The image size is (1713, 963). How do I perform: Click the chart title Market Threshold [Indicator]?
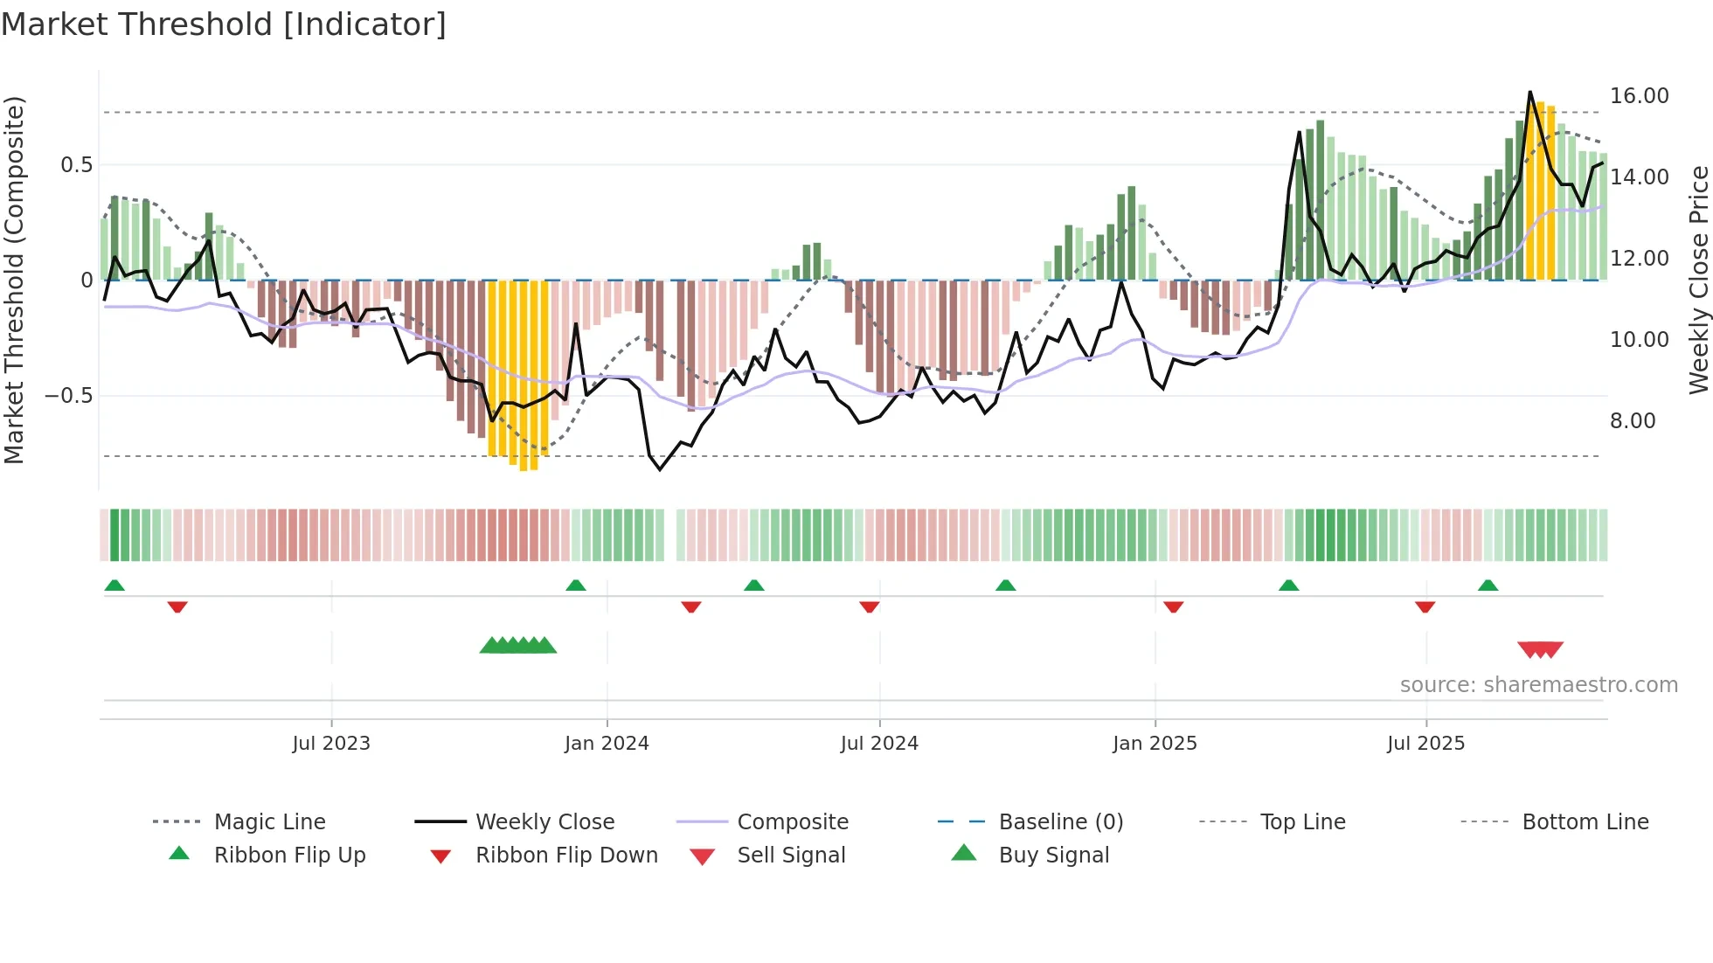pos(224,24)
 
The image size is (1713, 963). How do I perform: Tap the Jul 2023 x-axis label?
pos(331,744)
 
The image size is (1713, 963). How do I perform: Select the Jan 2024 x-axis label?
pos(607,744)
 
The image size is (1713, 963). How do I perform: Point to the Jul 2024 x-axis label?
pos(879,744)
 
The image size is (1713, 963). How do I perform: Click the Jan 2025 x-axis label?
pos(1155,744)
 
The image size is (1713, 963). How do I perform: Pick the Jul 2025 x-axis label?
pos(1425,744)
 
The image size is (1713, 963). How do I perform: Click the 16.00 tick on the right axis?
pos(1639,96)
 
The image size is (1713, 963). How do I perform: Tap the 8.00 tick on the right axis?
pos(1633,421)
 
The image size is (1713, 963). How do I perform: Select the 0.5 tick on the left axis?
pos(77,165)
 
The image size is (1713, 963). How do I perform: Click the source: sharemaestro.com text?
pos(1538,685)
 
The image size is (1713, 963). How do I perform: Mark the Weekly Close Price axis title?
pos(1698,280)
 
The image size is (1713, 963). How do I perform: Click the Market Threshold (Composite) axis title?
pos(14,280)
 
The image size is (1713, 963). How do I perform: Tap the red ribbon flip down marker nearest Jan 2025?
pos(1174,606)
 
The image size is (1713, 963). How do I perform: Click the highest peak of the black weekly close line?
pos(1530,92)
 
